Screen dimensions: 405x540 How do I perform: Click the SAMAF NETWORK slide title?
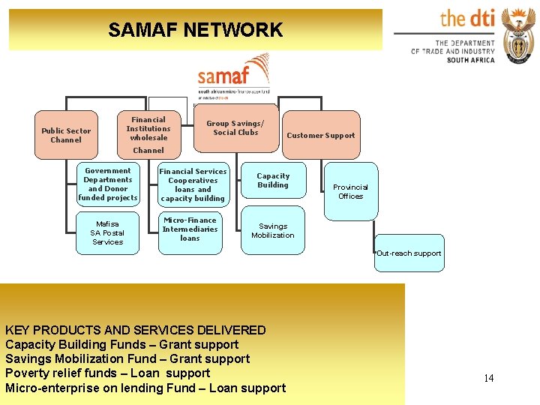click(195, 30)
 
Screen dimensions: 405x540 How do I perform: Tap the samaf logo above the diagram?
click(233, 76)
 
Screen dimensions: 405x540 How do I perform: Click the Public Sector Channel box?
click(66, 135)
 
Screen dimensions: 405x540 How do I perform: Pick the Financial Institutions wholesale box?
click(148, 129)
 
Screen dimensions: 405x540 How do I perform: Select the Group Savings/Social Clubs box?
click(235, 128)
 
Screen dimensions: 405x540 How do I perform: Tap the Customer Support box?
click(321, 135)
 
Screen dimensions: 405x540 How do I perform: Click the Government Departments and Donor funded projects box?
click(108, 184)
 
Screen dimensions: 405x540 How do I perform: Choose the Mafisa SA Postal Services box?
click(108, 232)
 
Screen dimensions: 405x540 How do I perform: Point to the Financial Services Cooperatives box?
click(192, 185)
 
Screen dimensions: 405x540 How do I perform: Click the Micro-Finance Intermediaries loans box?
click(190, 229)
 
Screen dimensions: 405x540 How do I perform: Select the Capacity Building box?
click(273, 181)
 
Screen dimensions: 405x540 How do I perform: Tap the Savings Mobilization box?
click(273, 230)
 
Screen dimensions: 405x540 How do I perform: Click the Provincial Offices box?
click(350, 191)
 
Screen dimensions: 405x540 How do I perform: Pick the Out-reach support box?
click(409, 253)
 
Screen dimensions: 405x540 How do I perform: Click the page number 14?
click(488, 378)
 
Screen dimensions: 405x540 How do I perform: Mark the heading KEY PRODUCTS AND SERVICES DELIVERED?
click(136, 330)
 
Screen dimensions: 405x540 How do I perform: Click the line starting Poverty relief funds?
click(108, 373)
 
